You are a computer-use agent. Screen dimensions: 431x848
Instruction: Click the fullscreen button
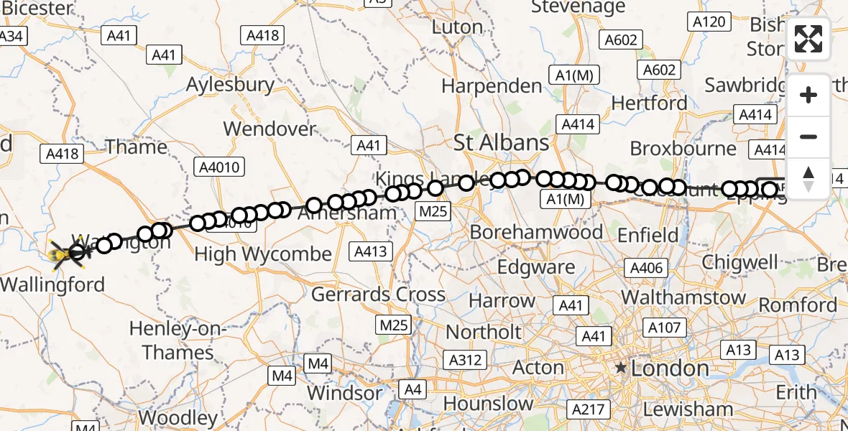click(x=808, y=39)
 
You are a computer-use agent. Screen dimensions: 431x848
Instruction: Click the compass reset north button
click(x=808, y=178)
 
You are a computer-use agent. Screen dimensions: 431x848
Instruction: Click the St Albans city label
click(x=502, y=142)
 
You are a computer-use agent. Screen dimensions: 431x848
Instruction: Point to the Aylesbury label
click(x=230, y=85)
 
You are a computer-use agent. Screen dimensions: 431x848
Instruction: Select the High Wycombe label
click(x=263, y=254)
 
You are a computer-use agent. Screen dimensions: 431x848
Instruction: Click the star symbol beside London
click(x=621, y=369)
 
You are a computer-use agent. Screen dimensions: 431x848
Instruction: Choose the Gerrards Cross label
click(x=378, y=294)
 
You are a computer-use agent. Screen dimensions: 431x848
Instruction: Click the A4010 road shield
click(x=220, y=167)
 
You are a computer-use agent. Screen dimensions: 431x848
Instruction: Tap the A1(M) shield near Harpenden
click(x=573, y=75)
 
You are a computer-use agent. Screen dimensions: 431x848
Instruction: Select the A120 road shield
click(x=709, y=22)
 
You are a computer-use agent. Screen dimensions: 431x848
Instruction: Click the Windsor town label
click(x=345, y=393)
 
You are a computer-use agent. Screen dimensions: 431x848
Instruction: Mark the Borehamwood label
click(x=536, y=232)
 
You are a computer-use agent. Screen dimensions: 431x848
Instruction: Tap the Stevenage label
click(x=578, y=7)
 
